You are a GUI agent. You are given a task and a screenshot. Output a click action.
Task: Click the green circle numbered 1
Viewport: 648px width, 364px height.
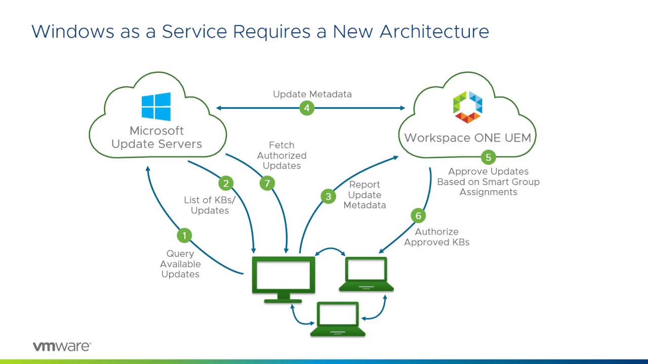click(x=184, y=235)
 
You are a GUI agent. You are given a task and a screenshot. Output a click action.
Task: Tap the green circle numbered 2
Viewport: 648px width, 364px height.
click(x=226, y=184)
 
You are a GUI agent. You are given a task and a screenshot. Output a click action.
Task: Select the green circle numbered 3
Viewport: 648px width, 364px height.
click(x=328, y=197)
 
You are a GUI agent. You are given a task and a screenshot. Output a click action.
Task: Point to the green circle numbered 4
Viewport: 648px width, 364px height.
click(x=307, y=108)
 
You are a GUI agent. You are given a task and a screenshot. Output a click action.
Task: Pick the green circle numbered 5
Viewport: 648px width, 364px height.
click(x=488, y=157)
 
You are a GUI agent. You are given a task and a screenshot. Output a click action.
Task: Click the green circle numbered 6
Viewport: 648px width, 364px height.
click(x=418, y=216)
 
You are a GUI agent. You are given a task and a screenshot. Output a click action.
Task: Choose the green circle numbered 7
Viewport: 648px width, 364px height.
click(x=267, y=183)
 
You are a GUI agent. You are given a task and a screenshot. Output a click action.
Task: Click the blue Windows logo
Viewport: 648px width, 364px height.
click(x=156, y=107)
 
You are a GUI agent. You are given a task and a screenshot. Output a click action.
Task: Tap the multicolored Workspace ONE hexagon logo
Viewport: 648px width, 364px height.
click(x=467, y=107)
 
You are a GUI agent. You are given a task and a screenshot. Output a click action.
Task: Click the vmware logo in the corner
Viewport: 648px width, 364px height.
click(x=62, y=346)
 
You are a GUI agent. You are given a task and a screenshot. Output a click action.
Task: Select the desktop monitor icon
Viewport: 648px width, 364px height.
click(x=283, y=278)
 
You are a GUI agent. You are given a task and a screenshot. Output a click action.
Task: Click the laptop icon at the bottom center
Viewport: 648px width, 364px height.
click(x=338, y=319)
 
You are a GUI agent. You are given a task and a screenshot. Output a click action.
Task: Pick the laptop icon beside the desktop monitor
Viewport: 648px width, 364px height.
click(x=366, y=275)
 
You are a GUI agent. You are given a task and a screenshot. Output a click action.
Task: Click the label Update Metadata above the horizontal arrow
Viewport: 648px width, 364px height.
click(x=312, y=94)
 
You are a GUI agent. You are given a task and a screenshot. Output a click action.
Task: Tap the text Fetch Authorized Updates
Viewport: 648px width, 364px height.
click(x=281, y=155)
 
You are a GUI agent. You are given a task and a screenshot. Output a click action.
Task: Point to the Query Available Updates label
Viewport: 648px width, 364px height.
click(x=180, y=264)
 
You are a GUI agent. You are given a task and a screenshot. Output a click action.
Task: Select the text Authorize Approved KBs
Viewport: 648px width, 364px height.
click(x=436, y=237)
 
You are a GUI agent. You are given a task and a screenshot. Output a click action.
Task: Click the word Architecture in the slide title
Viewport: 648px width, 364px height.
click(x=434, y=31)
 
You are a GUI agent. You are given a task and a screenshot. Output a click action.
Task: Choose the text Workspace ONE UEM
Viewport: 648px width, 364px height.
click(x=467, y=138)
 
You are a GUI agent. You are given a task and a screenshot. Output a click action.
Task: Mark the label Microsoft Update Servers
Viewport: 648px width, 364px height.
click(x=156, y=138)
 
